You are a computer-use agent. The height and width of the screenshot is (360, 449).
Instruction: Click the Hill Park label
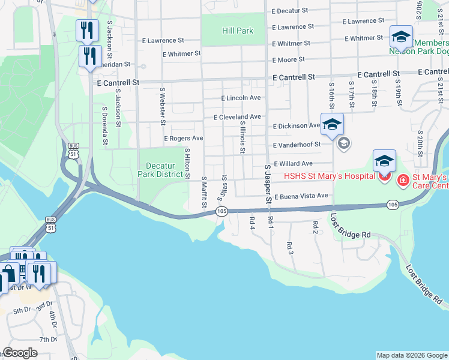(x=238, y=31)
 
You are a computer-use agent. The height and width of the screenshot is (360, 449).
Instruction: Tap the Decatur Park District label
(x=164, y=170)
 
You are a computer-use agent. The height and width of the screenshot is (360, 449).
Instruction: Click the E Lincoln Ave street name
(x=241, y=98)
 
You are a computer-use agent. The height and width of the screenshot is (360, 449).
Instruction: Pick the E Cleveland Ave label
(x=237, y=117)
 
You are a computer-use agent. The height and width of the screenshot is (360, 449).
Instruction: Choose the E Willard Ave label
(x=293, y=163)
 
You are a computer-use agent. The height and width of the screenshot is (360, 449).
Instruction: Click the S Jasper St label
(x=268, y=184)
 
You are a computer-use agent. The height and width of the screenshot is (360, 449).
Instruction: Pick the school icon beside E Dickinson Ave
(x=332, y=124)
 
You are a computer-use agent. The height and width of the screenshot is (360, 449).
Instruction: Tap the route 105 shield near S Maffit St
(x=221, y=211)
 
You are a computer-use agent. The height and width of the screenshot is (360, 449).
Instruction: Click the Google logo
(x=20, y=353)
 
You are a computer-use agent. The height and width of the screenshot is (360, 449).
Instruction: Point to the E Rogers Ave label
(x=184, y=138)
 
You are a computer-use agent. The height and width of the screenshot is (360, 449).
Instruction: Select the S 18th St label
(x=373, y=93)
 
